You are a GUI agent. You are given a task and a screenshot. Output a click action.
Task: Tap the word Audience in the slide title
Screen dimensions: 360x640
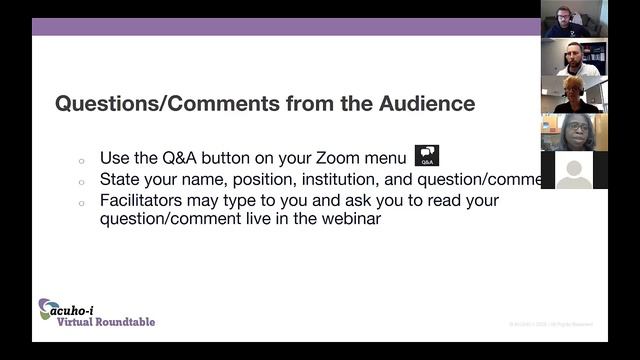(419, 103)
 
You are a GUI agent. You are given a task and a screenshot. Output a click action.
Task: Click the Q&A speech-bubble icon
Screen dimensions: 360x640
(427, 156)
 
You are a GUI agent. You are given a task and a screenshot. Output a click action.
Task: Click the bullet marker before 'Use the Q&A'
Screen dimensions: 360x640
(81, 160)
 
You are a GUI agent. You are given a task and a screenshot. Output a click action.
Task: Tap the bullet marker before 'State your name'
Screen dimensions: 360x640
(81, 181)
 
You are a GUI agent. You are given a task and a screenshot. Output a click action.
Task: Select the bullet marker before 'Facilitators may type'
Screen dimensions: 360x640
(81, 201)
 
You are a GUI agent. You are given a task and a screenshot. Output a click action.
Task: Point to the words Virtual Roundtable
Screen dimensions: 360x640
(106, 322)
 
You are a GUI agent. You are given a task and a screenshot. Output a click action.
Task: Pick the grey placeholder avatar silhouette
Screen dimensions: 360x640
(574, 171)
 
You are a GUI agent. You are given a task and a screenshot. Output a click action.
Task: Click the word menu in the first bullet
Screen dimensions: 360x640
(389, 158)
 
